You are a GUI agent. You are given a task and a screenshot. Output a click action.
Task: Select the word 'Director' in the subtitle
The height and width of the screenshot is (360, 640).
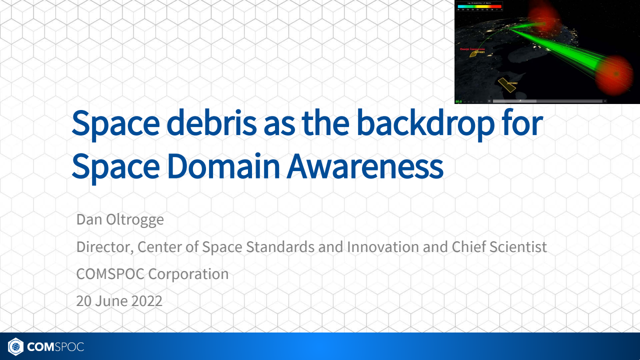104,246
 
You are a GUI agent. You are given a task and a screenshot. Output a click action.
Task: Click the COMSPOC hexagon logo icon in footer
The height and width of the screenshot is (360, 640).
15,346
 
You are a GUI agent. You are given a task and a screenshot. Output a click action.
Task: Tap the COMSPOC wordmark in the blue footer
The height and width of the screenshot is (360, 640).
55,346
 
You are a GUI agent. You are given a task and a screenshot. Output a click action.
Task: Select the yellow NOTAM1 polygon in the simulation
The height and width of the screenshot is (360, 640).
472,53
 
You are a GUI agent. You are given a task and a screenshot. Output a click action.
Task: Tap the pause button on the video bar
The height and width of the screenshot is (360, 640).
489,101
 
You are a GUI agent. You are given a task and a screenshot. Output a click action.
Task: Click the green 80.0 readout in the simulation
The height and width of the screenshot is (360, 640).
458,101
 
